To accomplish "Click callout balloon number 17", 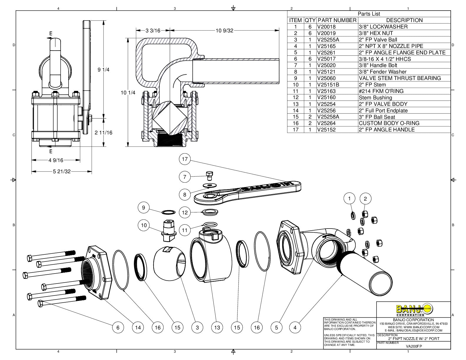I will click(185, 159).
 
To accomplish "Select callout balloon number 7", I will click(185, 177).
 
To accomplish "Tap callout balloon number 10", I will click(144, 225).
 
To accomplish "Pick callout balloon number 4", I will click(295, 327).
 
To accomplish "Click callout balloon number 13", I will click(217, 327).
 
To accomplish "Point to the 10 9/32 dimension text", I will click(224, 30).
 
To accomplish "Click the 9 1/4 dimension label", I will click(103, 70).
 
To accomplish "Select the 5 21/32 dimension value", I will click(62, 171).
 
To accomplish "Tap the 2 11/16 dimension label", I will click(103, 133).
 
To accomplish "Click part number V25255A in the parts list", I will click(328, 40).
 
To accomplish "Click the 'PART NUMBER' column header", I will click(337, 20).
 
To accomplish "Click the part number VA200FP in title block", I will click(414, 346).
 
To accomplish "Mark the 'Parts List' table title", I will click(369, 14).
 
